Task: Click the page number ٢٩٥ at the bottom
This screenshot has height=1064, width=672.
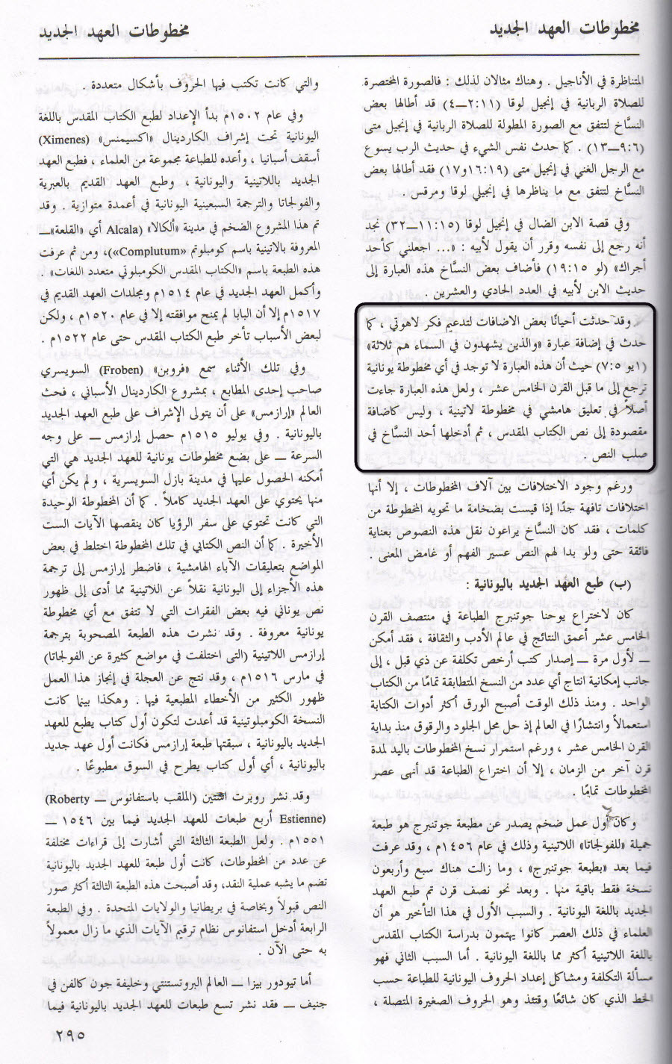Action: pyautogui.click(x=70, y=1036)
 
